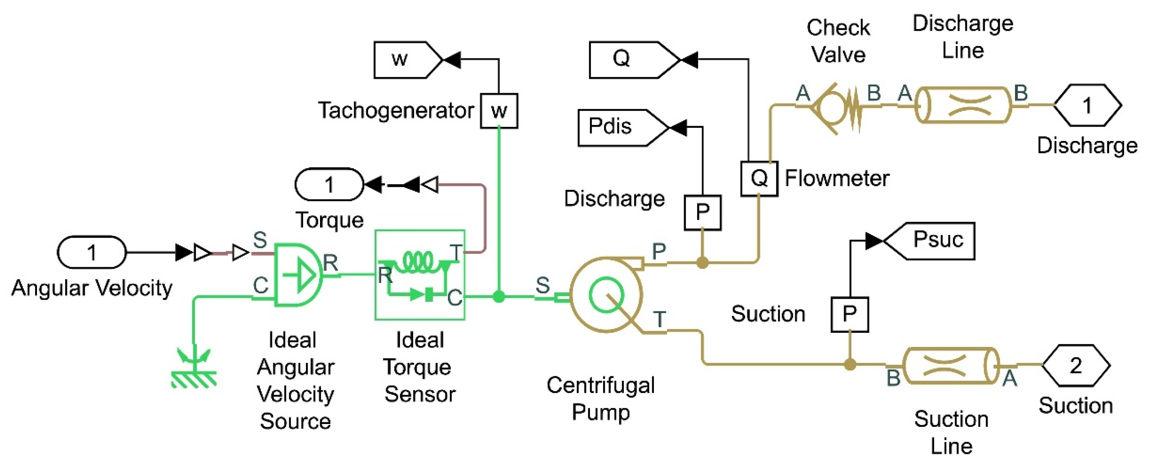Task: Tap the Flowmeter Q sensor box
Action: click(759, 178)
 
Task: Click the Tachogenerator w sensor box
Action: click(499, 111)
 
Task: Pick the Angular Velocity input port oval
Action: click(92, 252)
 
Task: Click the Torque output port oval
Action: click(329, 184)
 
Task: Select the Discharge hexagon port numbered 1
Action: click(1087, 105)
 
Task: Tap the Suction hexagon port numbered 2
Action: click(1075, 365)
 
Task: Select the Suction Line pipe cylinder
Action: click(950, 366)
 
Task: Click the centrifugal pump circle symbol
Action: click(606, 295)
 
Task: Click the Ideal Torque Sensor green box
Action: click(420, 275)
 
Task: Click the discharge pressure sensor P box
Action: click(702, 213)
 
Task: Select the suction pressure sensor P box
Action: click(849, 314)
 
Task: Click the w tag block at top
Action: click(406, 59)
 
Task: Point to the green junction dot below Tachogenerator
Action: click(499, 296)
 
